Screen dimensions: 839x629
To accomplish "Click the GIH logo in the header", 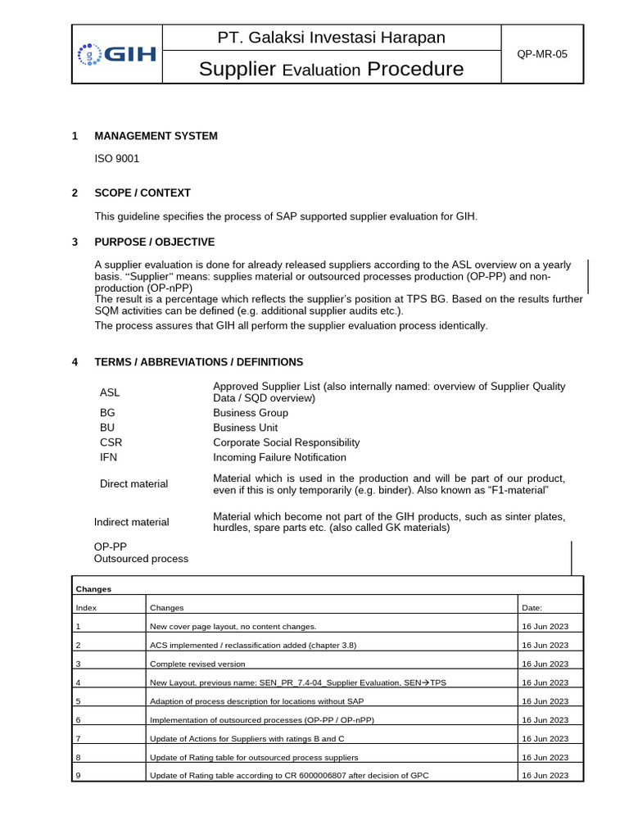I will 116,54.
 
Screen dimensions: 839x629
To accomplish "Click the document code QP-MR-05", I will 541,54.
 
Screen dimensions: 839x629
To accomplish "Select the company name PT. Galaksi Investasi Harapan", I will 331,38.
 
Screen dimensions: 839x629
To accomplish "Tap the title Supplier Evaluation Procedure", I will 331,70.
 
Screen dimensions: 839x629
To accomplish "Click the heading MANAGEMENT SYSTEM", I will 156,136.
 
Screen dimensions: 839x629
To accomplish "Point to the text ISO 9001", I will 117,161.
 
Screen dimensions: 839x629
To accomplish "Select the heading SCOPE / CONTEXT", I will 143,193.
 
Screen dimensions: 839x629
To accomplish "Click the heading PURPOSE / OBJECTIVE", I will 155,243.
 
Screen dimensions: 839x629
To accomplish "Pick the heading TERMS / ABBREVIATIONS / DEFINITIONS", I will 199,362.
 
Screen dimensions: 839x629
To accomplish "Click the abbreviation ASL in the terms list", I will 110,392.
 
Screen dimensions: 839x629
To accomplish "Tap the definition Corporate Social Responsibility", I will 287,442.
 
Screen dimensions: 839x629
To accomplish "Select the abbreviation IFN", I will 108,457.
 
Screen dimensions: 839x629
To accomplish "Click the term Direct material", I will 133,484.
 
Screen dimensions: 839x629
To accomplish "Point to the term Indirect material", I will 132,522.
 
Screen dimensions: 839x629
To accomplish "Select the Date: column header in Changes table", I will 532,608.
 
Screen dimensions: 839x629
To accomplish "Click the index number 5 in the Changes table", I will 79,701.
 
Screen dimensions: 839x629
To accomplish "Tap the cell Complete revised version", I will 197,664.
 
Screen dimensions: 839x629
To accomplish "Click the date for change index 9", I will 545,775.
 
